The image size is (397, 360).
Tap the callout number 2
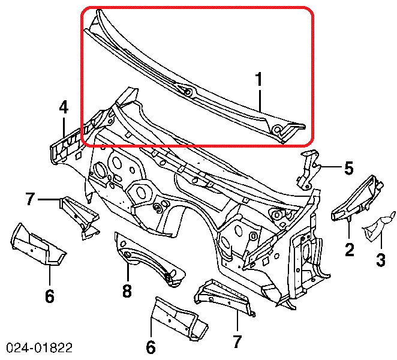coord(348,248)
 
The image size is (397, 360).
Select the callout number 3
coord(381,260)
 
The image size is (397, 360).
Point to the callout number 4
coord(64,107)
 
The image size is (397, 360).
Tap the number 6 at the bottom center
coord(151,346)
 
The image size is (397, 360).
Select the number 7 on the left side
coord(31,198)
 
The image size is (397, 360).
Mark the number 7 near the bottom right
coord(237,341)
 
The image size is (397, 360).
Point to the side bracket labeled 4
coord(67,144)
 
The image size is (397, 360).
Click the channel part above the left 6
coord(37,246)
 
